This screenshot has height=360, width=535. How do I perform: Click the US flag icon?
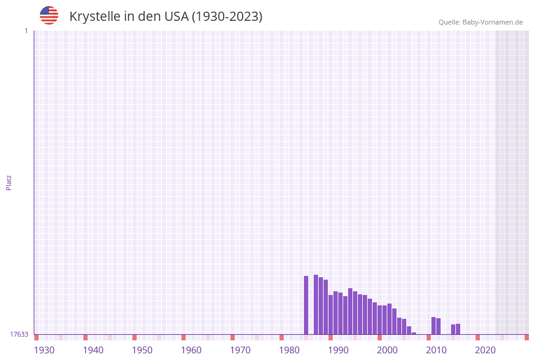click(49, 15)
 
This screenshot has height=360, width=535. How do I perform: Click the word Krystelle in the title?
click(94, 17)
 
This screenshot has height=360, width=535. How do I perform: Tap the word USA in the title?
click(176, 17)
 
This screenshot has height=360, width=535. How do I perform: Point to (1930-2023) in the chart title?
click(227, 17)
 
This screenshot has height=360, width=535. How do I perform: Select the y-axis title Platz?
click(9, 183)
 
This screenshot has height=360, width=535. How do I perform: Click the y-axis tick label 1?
click(26, 31)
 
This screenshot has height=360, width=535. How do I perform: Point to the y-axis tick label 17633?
click(19, 334)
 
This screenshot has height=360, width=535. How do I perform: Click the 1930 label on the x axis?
click(44, 350)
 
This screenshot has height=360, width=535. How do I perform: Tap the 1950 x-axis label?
click(142, 350)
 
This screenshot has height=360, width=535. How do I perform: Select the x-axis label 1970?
click(240, 350)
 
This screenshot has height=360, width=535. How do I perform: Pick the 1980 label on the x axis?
click(289, 350)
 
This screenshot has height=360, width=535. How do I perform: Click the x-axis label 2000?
click(387, 350)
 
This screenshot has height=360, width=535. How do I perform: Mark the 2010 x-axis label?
click(436, 350)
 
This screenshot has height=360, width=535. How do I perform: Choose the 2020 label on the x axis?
click(485, 350)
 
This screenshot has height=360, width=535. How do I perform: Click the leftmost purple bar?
click(306, 305)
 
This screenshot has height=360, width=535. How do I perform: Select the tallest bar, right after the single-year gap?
click(316, 304)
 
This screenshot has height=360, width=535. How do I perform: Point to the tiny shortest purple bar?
click(414, 333)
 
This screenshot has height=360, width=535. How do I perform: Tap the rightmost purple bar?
click(458, 329)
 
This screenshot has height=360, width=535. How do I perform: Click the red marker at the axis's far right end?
click(526, 337)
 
